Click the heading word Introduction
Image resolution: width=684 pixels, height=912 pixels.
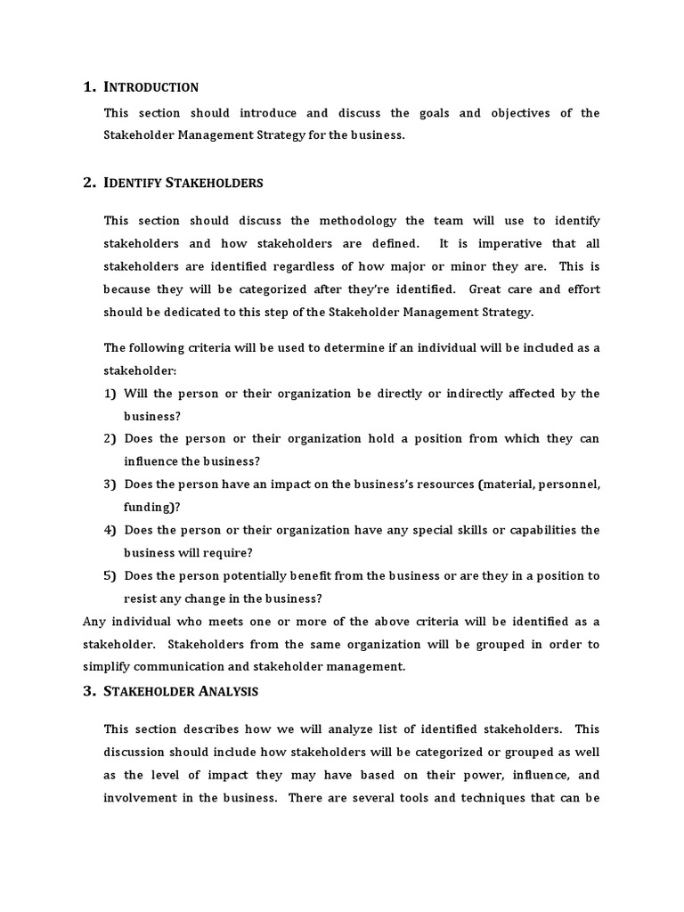click(x=151, y=87)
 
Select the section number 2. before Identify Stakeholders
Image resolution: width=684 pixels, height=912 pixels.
click(x=89, y=183)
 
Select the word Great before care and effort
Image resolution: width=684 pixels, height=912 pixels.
click(x=486, y=289)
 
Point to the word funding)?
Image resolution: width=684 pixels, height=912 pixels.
click(x=152, y=507)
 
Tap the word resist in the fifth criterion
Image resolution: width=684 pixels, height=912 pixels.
click(x=141, y=598)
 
